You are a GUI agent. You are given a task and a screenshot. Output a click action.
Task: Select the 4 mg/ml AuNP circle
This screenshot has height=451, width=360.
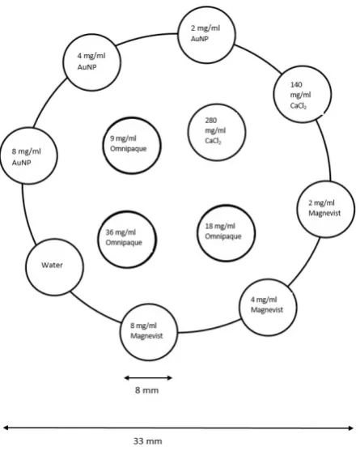coord(92,35)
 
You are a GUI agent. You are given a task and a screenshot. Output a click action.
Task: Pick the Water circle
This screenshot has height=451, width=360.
coord(54,240)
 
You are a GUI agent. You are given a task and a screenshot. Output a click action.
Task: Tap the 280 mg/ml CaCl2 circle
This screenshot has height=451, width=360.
coord(217,104)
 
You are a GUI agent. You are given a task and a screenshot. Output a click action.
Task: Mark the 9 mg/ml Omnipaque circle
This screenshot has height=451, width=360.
coord(132,117)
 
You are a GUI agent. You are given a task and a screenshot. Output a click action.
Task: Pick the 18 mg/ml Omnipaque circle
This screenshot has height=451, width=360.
coord(227,206)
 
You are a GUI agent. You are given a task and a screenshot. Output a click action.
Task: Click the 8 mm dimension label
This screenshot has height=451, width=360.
coord(146,390)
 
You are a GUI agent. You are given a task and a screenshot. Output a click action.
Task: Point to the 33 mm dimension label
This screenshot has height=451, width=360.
coord(148,441)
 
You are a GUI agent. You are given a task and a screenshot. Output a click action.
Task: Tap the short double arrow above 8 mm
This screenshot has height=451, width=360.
coord(148,377)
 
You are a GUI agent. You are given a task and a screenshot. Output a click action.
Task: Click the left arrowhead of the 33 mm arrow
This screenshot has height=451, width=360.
coord(6,428)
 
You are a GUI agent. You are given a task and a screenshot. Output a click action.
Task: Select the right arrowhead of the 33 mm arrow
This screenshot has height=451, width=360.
coord(350,428)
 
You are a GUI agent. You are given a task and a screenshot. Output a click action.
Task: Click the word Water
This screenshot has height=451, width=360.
coord(52,265)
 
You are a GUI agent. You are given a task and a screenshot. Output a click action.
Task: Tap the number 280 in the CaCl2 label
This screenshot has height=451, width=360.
coord(211,120)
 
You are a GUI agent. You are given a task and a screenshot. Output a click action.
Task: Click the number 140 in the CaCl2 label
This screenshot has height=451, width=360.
coord(296,84)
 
